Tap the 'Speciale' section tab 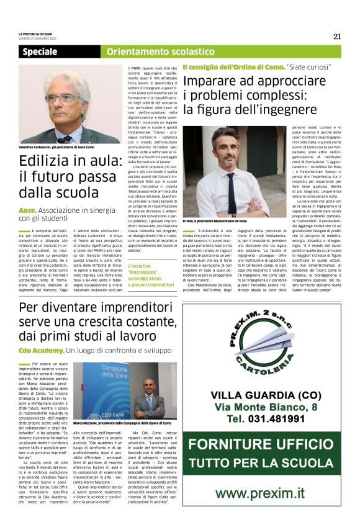pyautogui.click(x=40, y=52)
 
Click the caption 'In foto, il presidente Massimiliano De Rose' pyautogui.click(x=215, y=220)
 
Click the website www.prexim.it pyautogui.click(x=264, y=493)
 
